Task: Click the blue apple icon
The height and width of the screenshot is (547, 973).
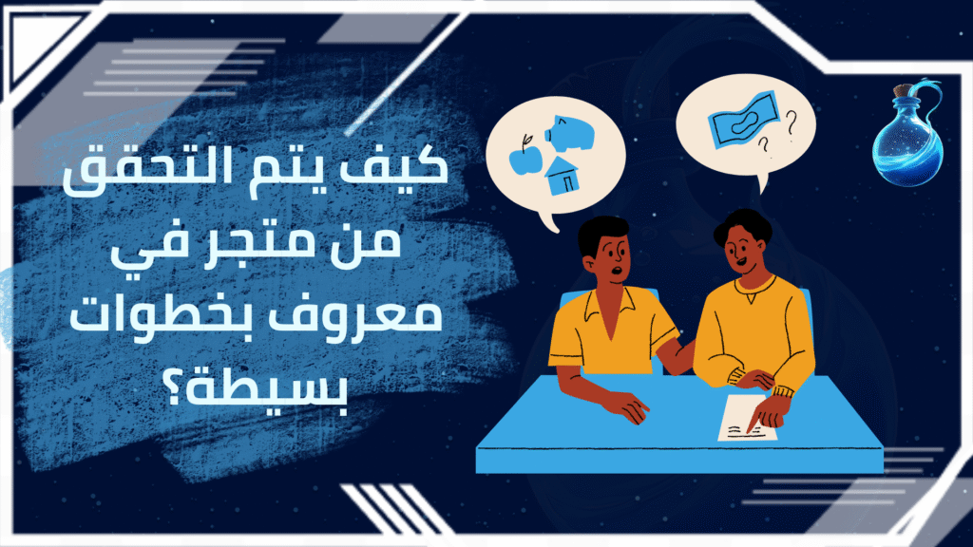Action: [525, 158]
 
